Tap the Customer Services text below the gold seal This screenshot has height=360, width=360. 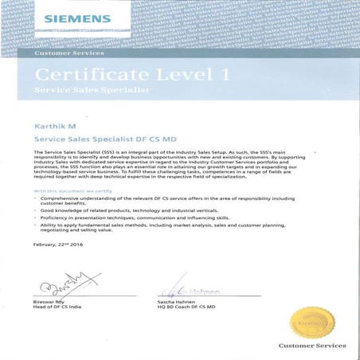point(311,346)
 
